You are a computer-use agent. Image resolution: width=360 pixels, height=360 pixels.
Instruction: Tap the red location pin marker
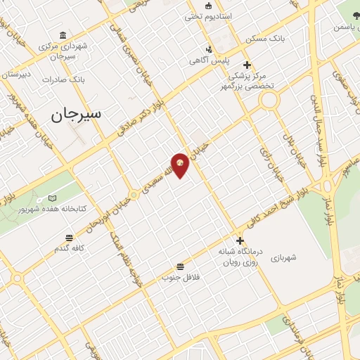(180, 165)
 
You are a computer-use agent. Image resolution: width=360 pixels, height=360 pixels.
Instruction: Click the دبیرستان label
(15, 74)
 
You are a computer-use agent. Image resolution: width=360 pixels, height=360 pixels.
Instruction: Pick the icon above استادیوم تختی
(207, 6)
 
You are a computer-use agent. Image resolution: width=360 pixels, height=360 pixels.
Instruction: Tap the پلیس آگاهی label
(208, 60)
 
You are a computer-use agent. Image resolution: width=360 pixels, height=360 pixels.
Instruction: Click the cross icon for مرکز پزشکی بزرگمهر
(247, 65)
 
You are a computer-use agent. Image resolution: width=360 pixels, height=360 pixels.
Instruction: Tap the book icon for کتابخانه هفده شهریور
(52, 199)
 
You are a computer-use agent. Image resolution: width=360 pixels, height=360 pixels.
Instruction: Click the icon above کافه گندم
(68, 238)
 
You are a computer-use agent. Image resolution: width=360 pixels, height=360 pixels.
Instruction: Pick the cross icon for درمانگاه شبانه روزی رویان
(240, 240)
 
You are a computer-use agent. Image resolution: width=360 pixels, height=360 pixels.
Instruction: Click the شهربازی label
(283, 257)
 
